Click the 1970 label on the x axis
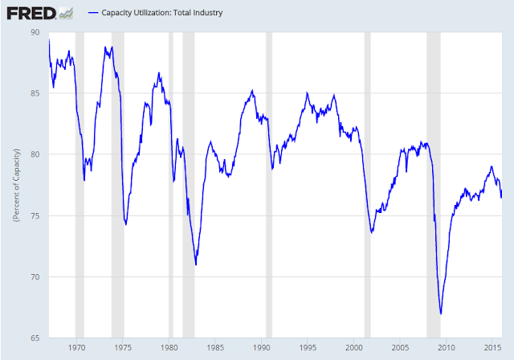point(77,348)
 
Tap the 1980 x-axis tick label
point(169,348)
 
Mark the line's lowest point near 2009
point(441,313)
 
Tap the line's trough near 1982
point(196,264)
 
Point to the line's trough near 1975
point(126,224)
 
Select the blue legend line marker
point(93,13)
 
